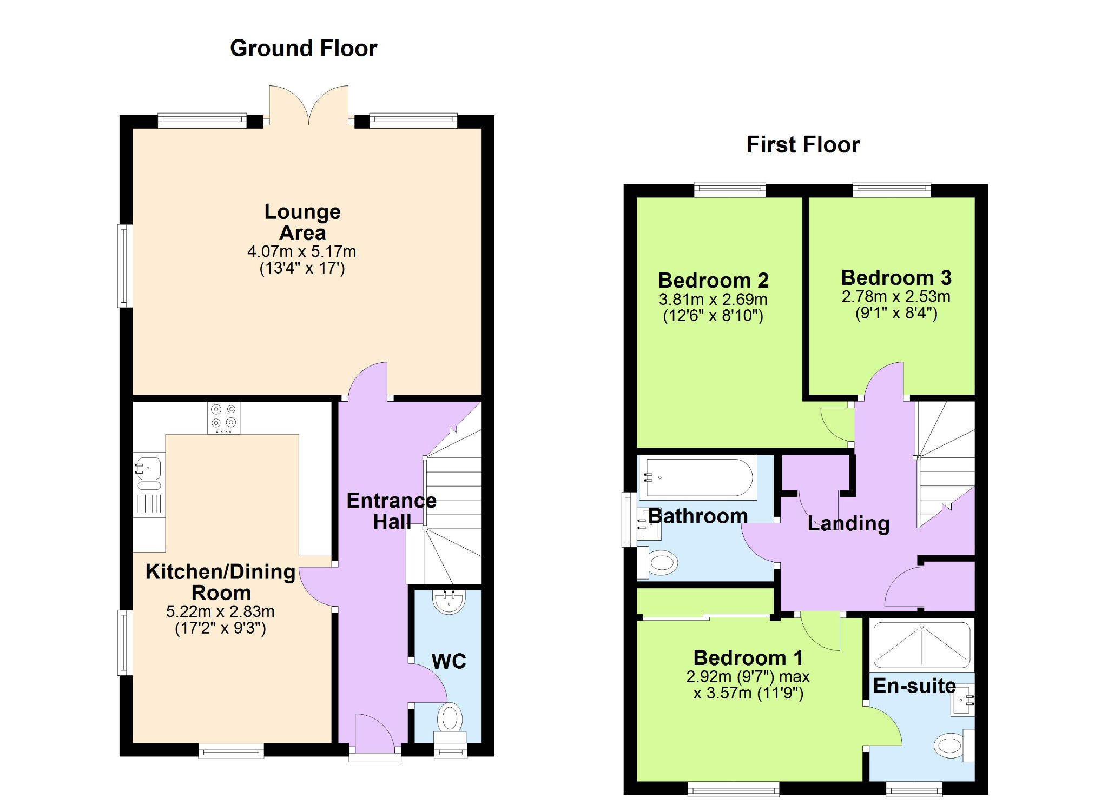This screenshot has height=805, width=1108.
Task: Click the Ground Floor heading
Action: point(304,49)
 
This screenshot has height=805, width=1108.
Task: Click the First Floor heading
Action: point(803,145)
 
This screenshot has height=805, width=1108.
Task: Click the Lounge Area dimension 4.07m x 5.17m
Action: point(302,251)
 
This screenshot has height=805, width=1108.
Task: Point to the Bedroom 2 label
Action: point(713,281)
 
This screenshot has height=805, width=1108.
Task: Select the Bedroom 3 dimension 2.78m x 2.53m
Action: point(896,296)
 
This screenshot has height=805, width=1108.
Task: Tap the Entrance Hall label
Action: point(392,511)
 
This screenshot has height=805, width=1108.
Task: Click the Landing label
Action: point(848,523)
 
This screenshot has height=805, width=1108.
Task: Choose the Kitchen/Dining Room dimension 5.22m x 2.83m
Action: point(220,611)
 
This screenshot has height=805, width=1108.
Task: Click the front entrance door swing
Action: point(375,731)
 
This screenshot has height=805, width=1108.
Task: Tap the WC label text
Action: point(449,661)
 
